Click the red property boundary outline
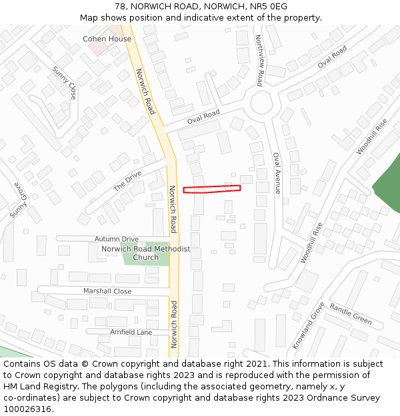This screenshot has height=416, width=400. [x=212, y=189]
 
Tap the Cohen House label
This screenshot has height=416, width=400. [x=107, y=39]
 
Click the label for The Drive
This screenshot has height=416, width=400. [x=127, y=181]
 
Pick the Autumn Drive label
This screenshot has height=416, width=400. [x=117, y=239]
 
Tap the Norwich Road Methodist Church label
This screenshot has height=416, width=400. [x=145, y=253]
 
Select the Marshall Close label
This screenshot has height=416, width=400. [x=107, y=292]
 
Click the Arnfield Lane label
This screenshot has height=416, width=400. [x=131, y=332]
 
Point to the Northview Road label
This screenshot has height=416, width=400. [x=259, y=61]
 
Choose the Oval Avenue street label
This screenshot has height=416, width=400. [x=277, y=173]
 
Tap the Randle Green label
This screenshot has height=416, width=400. [x=351, y=314]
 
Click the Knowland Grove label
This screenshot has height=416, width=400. [x=309, y=325]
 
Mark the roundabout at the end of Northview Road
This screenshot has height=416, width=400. [x=260, y=103]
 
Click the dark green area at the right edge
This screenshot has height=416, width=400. [x=387, y=183]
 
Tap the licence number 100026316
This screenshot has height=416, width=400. [x=28, y=409]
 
